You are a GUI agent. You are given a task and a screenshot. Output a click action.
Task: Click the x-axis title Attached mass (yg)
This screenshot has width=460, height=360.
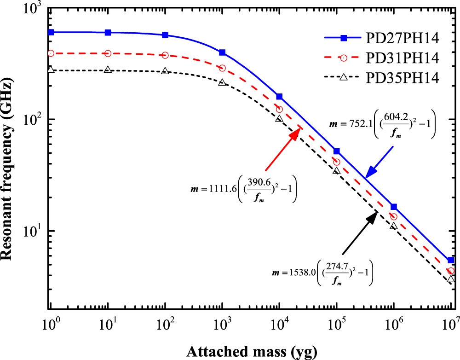(251, 352)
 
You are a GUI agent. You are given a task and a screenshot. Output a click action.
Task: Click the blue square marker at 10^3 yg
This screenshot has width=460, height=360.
(222, 52)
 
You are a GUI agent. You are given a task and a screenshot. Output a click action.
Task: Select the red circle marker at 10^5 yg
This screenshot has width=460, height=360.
(336, 162)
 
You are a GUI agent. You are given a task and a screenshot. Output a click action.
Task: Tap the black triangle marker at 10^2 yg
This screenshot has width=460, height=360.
(165, 71)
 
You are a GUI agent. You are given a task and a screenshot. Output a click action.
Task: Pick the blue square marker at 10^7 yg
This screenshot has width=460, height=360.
(451, 260)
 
